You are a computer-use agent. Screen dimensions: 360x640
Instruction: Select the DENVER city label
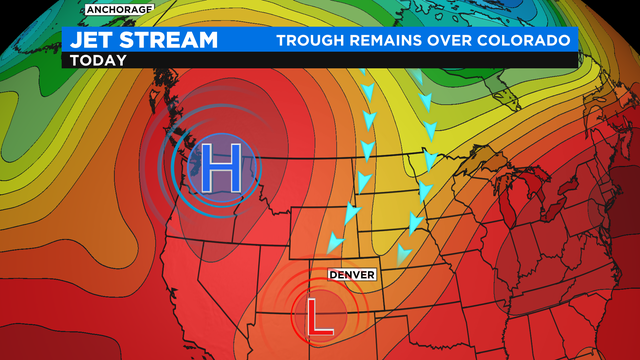(351, 274)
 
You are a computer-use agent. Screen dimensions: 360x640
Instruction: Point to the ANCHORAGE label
(119, 9)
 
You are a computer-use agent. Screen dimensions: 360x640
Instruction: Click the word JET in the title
(93, 40)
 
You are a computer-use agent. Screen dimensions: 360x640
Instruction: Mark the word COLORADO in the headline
(532, 40)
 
